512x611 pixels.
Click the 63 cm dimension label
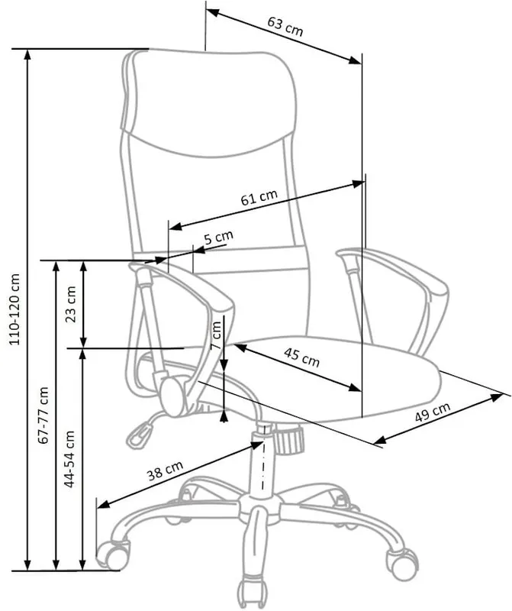(x=285, y=26)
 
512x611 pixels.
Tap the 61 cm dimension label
(x=259, y=197)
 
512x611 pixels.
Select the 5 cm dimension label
(x=218, y=237)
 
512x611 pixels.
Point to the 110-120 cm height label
(x=14, y=309)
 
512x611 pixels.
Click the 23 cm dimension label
(x=71, y=304)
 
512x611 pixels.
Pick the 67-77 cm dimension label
(x=43, y=415)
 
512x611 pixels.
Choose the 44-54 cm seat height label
(x=69, y=459)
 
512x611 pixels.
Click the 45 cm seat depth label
(x=301, y=357)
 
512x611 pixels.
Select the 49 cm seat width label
(x=432, y=412)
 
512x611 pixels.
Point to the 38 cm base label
(x=165, y=470)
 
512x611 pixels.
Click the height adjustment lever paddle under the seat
(x=139, y=435)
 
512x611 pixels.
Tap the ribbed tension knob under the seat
(x=289, y=440)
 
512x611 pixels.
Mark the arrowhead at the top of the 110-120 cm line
(x=27, y=55)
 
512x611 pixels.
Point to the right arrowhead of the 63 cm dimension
(x=355, y=60)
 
